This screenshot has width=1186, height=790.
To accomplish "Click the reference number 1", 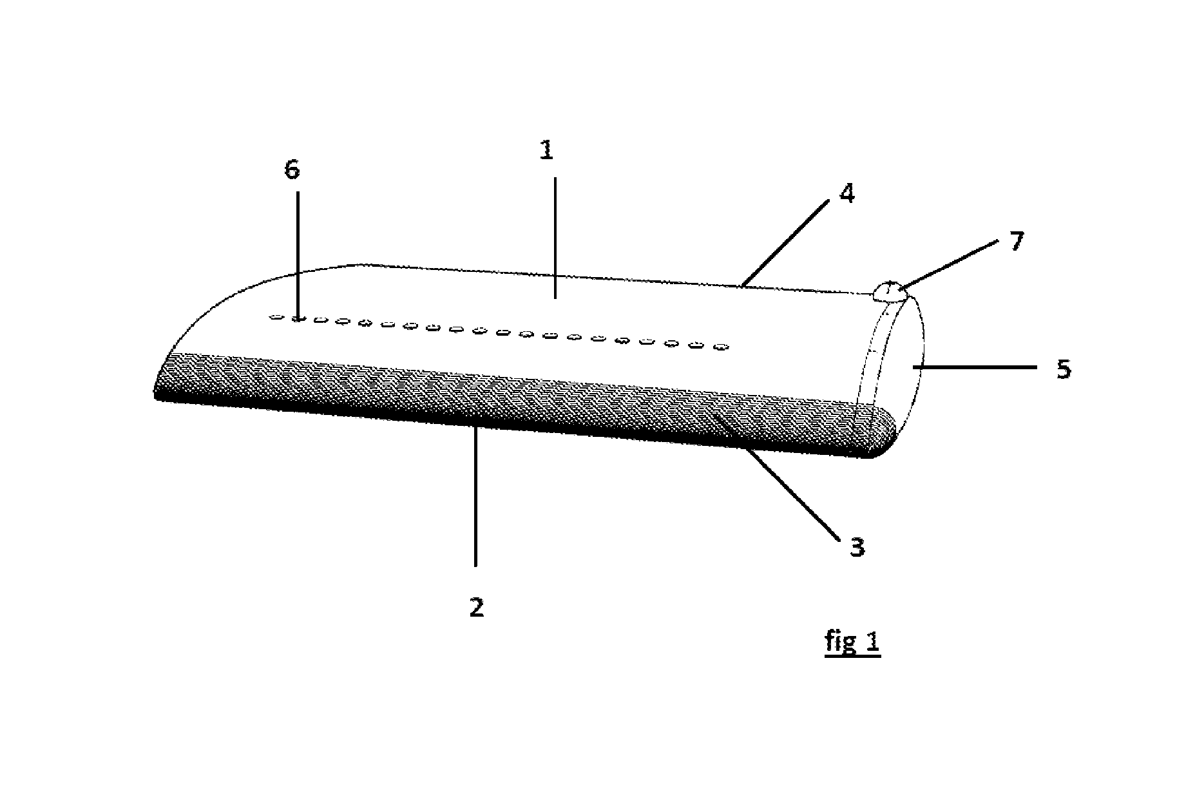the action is pyautogui.click(x=546, y=151).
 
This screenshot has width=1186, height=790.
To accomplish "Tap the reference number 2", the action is pyautogui.click(x=477, y=607).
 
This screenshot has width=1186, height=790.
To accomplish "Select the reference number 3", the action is pyautogui.click(x=857, y=547).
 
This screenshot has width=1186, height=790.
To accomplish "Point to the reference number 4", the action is pyautogui.click(x=847, y=193).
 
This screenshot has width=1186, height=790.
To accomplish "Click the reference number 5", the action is pyautogui.click(x=1064, y=369).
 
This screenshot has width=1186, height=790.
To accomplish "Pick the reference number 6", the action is pyautogui.click(x=292, y=170).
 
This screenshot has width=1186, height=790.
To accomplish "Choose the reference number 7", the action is pyautogui.click(x=1017, y=242).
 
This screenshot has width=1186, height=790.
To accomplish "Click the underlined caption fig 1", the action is pyautogui.click(x=852, y=642).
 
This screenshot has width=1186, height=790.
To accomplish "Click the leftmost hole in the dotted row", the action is pyautogui.click(x=276, y=317).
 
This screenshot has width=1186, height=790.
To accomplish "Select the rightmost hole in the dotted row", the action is pyautogui.click(x=722, y=348).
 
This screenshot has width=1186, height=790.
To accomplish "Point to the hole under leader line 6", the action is pyautogui.click(x=298, y=318).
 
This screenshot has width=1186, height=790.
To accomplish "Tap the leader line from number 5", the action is pyautogui.click(x=975, y=367).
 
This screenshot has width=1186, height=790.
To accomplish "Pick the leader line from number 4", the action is pyautogui.click(x=785, y=243).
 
